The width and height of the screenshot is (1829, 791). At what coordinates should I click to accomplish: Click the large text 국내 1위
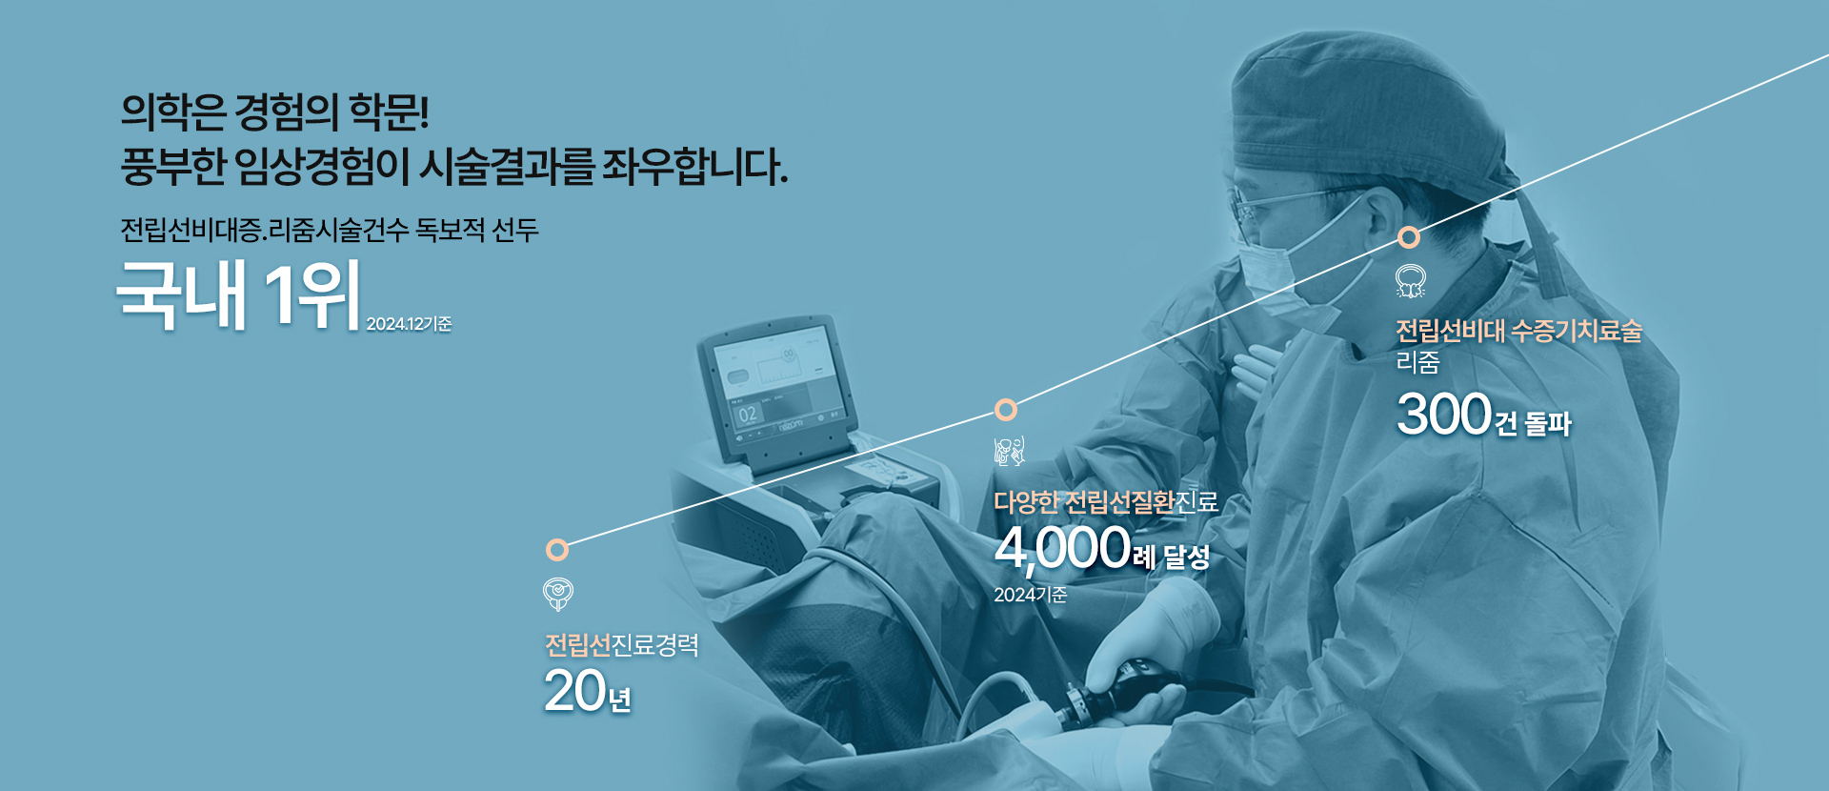tap(238, 294)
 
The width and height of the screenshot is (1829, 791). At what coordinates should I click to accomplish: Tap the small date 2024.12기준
tap(409, 324)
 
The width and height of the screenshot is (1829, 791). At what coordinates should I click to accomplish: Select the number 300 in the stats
tap(1444, 415)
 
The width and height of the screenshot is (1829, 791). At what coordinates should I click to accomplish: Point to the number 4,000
tap(1062, 548)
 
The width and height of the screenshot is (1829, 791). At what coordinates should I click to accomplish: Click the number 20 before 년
tap(575, 691)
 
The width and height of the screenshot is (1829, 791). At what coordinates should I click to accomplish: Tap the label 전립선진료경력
tap(622, 645)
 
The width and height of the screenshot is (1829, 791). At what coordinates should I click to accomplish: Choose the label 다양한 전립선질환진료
tap(1106, 502)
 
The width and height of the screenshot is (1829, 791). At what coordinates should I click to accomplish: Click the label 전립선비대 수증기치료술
tap(1519, 331)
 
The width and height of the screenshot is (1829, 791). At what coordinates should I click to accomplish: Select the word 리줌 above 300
tap(1417, 362)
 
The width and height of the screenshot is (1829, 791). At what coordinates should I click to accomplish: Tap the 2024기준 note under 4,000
tap(1031, 595)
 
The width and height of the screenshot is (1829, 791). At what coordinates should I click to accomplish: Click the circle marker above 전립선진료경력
tap(557, 550)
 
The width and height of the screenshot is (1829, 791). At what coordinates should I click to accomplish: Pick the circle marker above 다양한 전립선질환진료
tap(1006, 410)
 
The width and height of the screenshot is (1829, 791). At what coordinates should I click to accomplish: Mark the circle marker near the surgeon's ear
tap(1409, 237)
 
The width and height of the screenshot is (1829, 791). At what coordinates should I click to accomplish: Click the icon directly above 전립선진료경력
tap(557, 594)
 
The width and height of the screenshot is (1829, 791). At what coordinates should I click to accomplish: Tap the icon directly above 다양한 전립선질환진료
tap(1009, 452)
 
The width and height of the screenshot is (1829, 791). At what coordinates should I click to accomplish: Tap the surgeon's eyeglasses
tap(1276, 206)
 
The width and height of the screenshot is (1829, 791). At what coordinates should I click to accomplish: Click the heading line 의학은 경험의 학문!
tap(275, 112)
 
